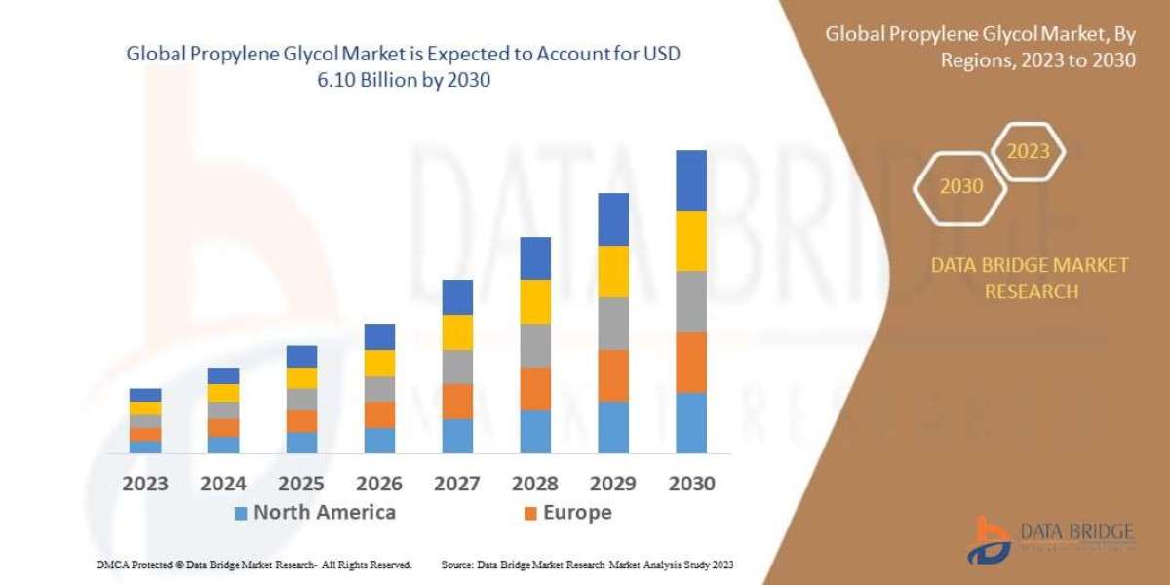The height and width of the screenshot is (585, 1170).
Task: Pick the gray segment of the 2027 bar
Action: (x=457, y=367)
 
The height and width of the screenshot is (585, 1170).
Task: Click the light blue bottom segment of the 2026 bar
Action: (x=379, y=440)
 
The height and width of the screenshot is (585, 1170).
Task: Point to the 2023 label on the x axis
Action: (x=145, y=483)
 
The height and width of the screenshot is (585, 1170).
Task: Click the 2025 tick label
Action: (x=301, y=483)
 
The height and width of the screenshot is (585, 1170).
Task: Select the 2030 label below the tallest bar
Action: (x=691, y=483)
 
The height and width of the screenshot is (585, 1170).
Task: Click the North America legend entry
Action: (x=314, y=512)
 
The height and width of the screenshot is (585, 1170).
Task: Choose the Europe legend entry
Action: (x=567, y=512)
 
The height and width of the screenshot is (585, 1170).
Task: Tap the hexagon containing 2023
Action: (x=1028, y=152)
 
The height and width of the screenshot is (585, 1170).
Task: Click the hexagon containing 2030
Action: (x=960, y=186)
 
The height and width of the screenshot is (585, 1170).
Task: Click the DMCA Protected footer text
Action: (x=253, y=565)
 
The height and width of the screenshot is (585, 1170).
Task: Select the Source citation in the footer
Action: (x=587, y=565)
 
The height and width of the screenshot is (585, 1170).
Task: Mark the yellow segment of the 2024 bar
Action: (x=223, y=393)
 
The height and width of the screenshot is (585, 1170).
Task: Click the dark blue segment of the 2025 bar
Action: (x=301, y=356)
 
